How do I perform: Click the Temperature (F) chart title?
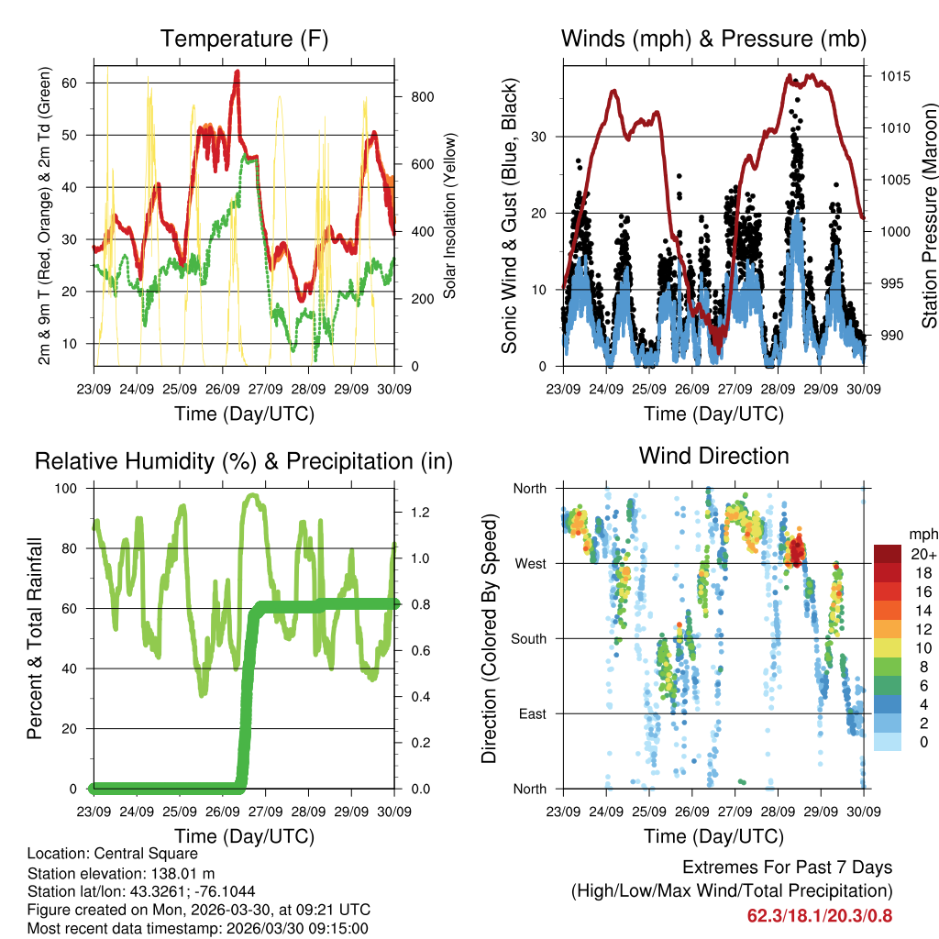pyautogui.click(x=244, y=39)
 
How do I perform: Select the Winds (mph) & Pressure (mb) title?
pyautogui.click(x=713, y=39)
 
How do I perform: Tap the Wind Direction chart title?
pyautogui.click(x=713, y=456)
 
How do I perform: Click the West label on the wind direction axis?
pyautogui.click(x=531, y=563)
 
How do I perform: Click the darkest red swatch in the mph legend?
pyautogui.click(x=887, y=554)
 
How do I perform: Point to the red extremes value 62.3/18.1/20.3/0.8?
pyautogui.click(x=820, y=915)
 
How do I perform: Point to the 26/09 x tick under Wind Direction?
pyautogui.click(x=692, y=811)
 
